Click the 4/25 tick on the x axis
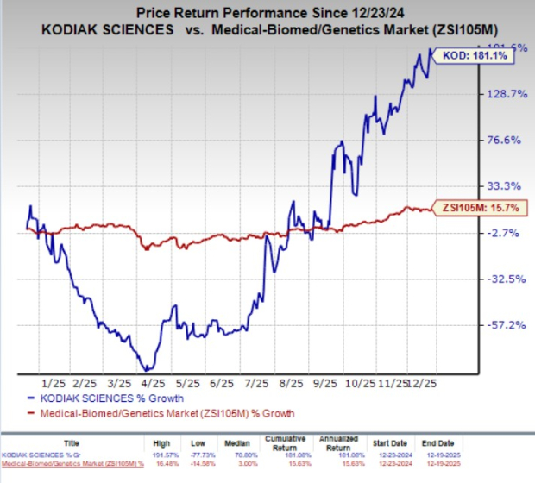click(153, 382)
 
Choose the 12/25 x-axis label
click(429, 382)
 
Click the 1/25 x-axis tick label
click(53, 382)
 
